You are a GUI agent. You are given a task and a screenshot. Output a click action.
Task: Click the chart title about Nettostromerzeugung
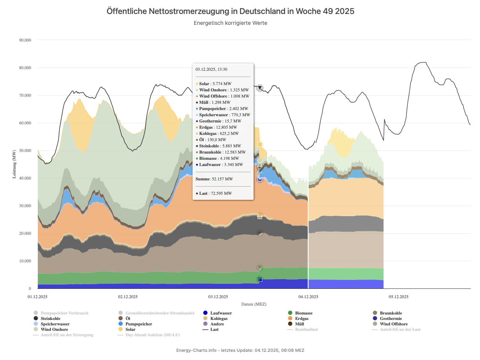coord(230,11)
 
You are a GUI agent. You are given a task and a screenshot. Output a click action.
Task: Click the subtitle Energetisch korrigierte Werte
coord(230,23)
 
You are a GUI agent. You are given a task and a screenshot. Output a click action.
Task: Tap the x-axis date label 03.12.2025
coord(218,297)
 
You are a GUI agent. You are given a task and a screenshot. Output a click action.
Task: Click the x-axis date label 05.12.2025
coord(398,297)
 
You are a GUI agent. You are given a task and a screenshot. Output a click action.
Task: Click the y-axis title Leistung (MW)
coord(14,164)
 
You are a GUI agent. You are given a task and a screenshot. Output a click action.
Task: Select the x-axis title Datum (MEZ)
coord(254,304)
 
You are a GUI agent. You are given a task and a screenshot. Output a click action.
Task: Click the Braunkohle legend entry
coord(391,313)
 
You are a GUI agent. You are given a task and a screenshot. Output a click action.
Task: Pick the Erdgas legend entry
coord(302,318)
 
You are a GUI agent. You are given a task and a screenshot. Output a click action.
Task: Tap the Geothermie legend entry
coord(393,318)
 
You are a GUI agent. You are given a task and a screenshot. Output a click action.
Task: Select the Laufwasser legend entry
coord(221,313)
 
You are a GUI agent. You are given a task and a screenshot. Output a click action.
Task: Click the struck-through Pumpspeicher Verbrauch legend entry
coord(64,313)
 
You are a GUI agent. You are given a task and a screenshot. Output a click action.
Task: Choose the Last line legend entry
coord(214,329)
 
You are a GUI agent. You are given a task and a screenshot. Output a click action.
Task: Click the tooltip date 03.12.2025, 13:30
coord(211,70)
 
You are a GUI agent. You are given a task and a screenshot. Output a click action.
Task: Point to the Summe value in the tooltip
coord(214,179)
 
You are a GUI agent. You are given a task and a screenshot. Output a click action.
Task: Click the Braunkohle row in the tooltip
coord(222,152)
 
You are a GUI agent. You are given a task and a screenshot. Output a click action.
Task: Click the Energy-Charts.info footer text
coord(240,350)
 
